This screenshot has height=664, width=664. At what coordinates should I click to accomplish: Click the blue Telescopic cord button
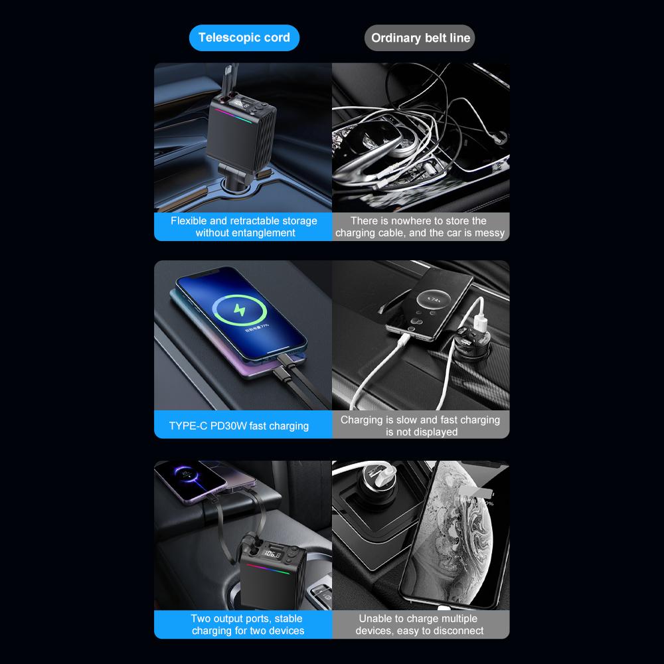pyautogui.click(x=244, y=37)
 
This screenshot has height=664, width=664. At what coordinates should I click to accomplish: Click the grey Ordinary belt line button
pyautogui.click(x=420, y=38)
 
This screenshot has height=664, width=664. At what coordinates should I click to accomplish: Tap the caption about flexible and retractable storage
pyautogui.click(x=244, y=226)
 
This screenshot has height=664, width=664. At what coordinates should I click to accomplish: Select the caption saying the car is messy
pyautogui.click(x=420, y=226)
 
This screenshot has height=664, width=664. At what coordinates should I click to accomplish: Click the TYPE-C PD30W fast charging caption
pyautogui.click(x=239, y=426)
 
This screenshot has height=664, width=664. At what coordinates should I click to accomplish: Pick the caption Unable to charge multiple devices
pyautogui.click(x=420, y=625)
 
